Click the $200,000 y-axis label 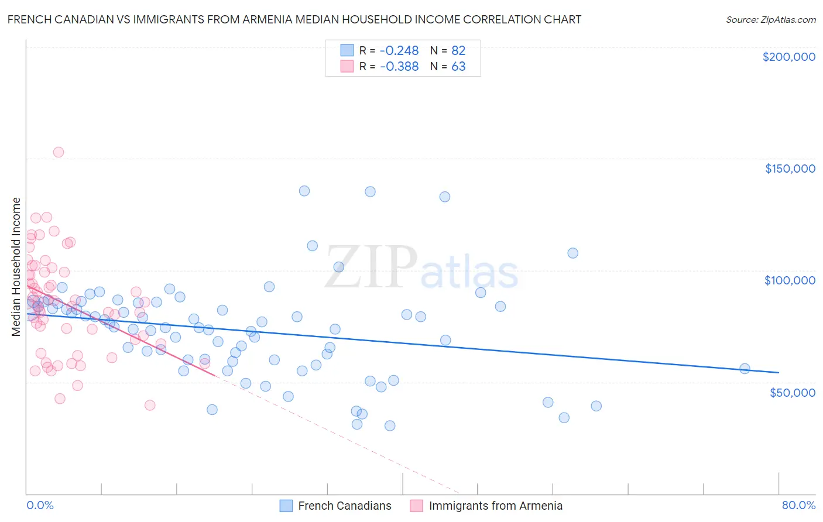pos(788,57)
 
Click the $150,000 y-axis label pos(790,169)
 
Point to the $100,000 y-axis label pos(790,280)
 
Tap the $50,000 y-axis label pos(792,392)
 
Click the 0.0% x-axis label pos(40,505)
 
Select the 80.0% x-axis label pos(798,505)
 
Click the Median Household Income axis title pos(16,267)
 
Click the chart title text pos(294,19)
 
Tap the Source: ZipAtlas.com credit pos(770,19)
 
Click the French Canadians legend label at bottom pos(344,506)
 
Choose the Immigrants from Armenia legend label pos(495,506)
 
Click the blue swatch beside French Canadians pos(286,506)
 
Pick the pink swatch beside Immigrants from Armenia pos(416,506)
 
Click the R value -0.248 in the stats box pos(399,50)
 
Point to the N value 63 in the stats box pos(458,67)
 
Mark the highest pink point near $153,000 pos(58,152)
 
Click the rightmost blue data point pos(745,369)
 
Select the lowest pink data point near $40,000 pos(150,406)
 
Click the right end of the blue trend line pos(779,372)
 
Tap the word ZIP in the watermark pos(371,267)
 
